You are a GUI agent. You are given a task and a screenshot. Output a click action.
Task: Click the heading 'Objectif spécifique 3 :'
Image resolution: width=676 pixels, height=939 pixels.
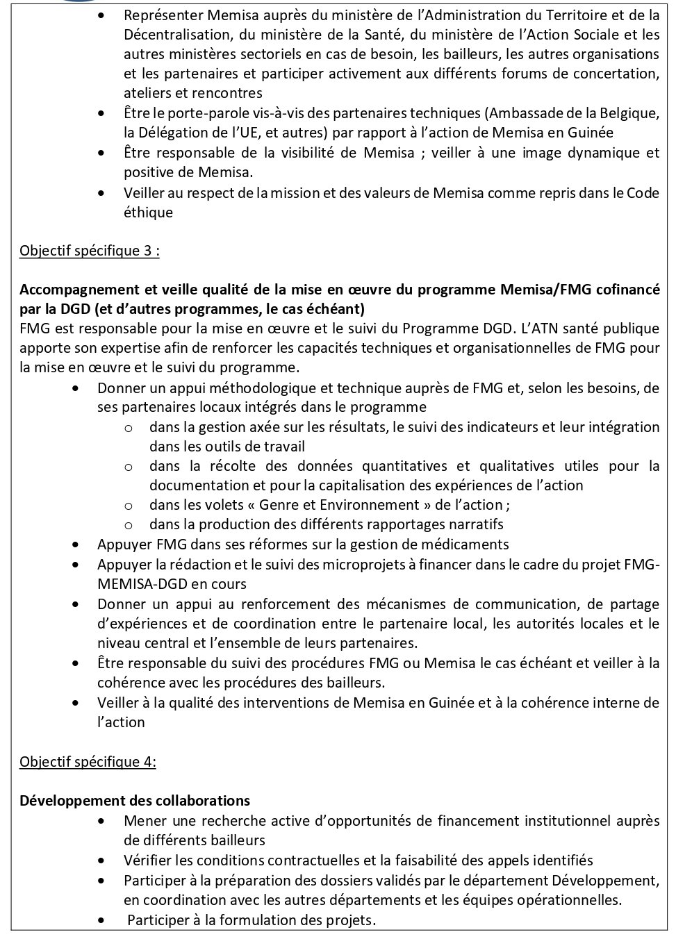[90, 251]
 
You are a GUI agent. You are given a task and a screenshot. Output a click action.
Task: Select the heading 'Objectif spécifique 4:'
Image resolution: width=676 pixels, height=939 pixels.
[88, 761]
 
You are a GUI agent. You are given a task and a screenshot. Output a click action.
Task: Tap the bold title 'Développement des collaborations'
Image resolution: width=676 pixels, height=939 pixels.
[135, 800]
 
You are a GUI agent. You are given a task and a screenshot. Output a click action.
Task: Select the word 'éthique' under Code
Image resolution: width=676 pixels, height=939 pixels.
[148, 213]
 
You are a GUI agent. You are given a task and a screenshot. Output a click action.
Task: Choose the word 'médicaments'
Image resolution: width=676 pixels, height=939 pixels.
[469, 545]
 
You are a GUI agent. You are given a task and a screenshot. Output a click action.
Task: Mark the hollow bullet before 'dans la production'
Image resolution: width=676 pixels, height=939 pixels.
[129, 525]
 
